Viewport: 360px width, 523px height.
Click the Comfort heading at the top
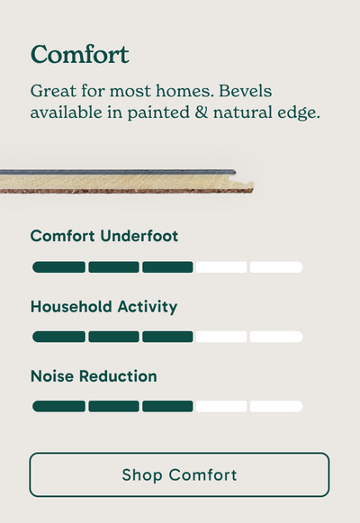tap(80, 54)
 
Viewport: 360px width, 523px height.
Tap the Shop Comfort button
tap(179, 474)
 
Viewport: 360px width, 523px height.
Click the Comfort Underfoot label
tap(104, 236)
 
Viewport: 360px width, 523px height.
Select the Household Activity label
tap(103, 307)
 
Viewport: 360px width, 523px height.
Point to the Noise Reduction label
tap(94, 376)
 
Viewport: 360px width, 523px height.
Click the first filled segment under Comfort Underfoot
tap(58, 267)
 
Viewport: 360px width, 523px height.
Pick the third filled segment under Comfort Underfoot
tap(167, 267)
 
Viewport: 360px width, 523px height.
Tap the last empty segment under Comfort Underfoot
tap(276, 267)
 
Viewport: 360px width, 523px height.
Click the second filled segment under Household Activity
tap(113, 337)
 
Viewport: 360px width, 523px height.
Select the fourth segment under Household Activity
tap(221, 337)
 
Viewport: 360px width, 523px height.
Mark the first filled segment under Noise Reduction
tap(58, 406)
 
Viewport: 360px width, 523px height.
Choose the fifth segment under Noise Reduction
tap(276, 406)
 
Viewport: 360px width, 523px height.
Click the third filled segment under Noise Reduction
tap(167, 406)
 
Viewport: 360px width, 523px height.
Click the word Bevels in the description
tap(246, 91)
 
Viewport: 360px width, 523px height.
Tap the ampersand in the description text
tap(201, 112)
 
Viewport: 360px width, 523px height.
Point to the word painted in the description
tap(158, 113)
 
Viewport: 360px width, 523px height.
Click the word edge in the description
tap(299, 113)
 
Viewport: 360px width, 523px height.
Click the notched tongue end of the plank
tap(244, 185)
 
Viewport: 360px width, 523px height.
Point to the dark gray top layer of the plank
tap(118, 172)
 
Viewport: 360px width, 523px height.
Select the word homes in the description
tap(185, 91)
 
